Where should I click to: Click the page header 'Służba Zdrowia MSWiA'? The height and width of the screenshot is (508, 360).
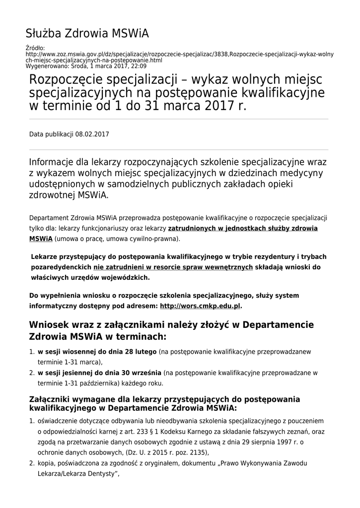coord(87,34)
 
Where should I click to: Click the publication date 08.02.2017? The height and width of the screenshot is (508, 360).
coord(92,134)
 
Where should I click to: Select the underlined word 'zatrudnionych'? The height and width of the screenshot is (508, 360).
coord(192,228)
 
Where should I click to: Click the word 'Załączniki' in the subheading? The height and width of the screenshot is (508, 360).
coord(53,399)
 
